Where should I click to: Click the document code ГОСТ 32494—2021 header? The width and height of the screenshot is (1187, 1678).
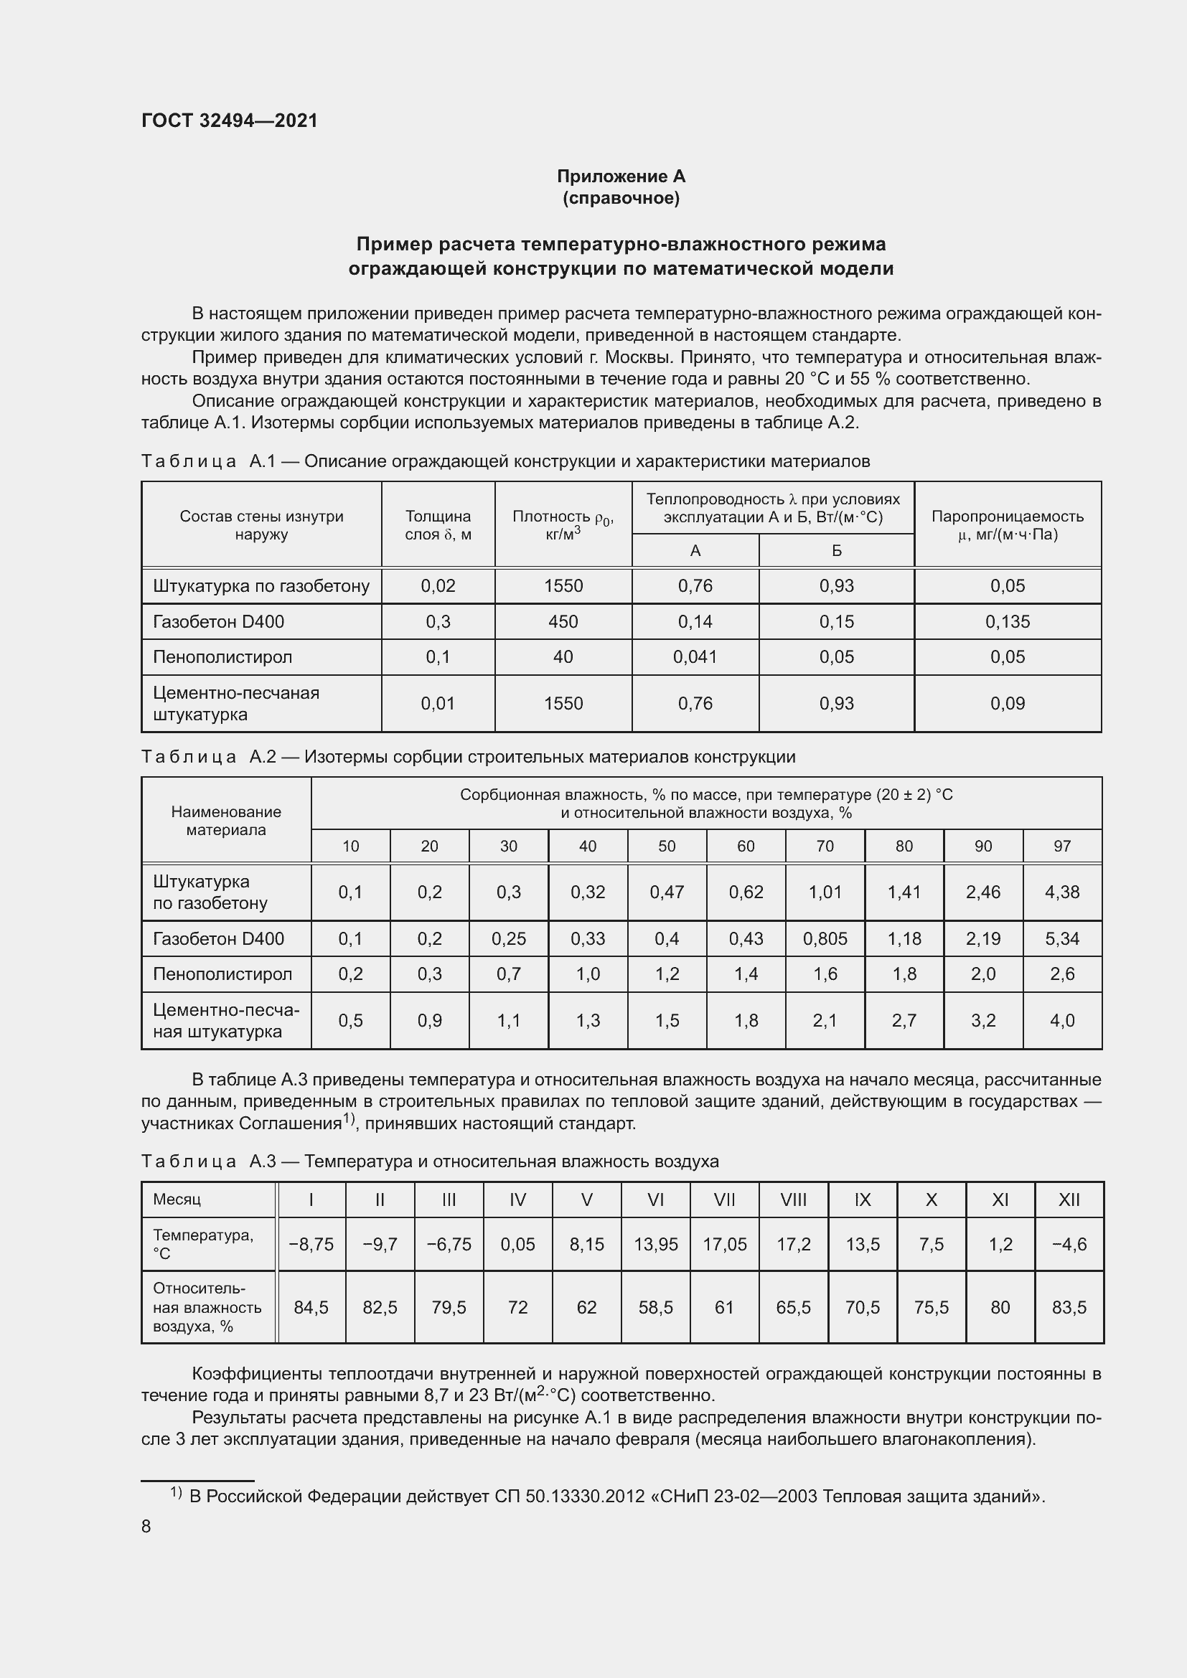click(230, 121)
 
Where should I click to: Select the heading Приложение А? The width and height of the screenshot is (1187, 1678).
click(621, 176)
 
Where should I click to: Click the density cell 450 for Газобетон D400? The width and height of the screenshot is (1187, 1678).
click(563, 622)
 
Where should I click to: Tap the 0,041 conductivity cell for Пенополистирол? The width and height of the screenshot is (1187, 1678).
click(695, 657)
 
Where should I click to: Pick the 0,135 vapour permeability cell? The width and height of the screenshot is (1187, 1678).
click(1007, 622)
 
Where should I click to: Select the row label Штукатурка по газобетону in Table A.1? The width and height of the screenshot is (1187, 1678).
click(261, 586)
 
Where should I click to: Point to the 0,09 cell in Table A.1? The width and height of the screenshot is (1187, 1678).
click(1007, 704)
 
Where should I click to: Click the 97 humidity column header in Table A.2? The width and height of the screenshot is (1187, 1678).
click(1061, 847)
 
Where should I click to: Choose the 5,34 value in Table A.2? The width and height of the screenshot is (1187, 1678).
click(1061, 939)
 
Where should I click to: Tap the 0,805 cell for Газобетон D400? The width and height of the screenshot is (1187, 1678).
click(825, 939)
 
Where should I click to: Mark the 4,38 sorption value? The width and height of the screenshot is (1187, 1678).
click(1061, 892)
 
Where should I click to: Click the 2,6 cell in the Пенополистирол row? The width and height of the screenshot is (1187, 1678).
click(1061, 974)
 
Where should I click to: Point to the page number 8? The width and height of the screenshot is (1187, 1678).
click(146, 1527)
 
